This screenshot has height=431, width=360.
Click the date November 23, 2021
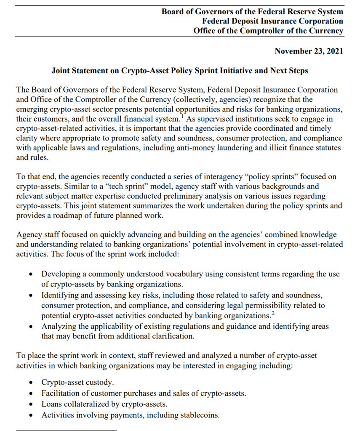click(309, 51)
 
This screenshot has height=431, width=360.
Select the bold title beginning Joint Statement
click(180, 71)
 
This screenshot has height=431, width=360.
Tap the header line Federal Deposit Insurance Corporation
click(272, 21)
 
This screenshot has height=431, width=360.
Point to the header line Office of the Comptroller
click(268, 31)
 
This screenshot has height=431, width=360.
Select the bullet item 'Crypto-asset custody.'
click(77, 382)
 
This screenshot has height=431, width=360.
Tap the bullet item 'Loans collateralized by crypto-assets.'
click(104, 404)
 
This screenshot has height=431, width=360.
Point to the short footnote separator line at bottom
click(66, 430)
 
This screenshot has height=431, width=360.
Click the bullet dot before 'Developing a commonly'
click(31, 274)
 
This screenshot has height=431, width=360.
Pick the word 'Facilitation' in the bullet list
click(61, 393)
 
